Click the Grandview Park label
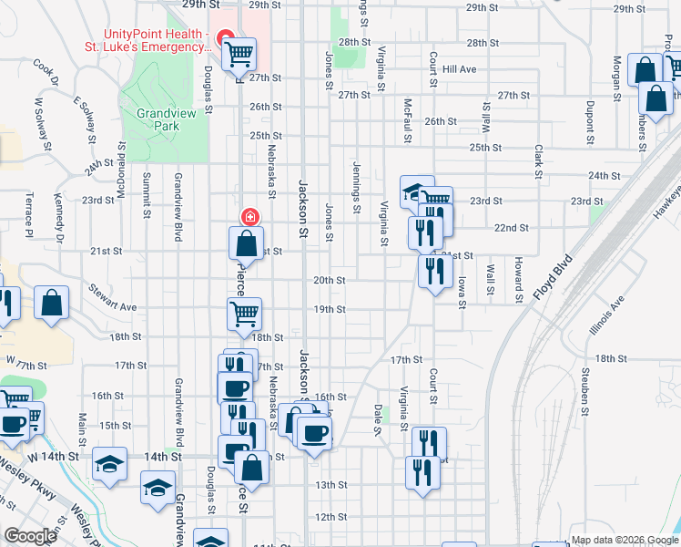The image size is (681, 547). [158, 119]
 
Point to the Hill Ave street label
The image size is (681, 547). [460, 69]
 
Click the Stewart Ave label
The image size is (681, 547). [112, 301]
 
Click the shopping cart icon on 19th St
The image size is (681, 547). [244, 314]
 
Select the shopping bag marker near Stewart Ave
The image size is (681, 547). [52, 304]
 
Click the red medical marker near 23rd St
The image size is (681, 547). [248, 216]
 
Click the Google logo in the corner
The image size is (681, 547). [30, 536]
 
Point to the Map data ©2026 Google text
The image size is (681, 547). [624, 540]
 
